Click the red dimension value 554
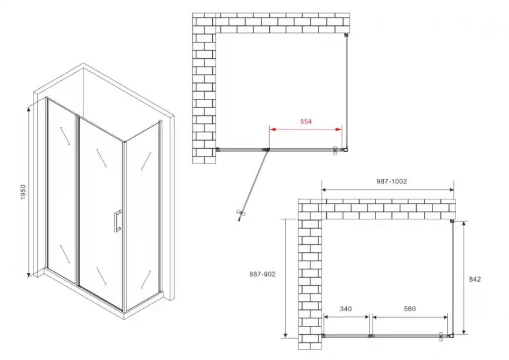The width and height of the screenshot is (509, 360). point(305,122)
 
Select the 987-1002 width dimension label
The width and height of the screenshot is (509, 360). point(391,182)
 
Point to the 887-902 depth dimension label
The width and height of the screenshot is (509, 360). point(262,274)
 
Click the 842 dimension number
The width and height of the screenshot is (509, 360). point(475,279)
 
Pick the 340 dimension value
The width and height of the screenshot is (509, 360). point(346,309)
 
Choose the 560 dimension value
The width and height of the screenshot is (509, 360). point(410,309)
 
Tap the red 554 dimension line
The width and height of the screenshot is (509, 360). point(305,129)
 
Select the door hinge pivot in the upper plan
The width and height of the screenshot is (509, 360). point(267,149)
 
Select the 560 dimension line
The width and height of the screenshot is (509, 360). point(410,317)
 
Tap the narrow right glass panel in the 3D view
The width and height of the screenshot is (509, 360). point(141,218)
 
